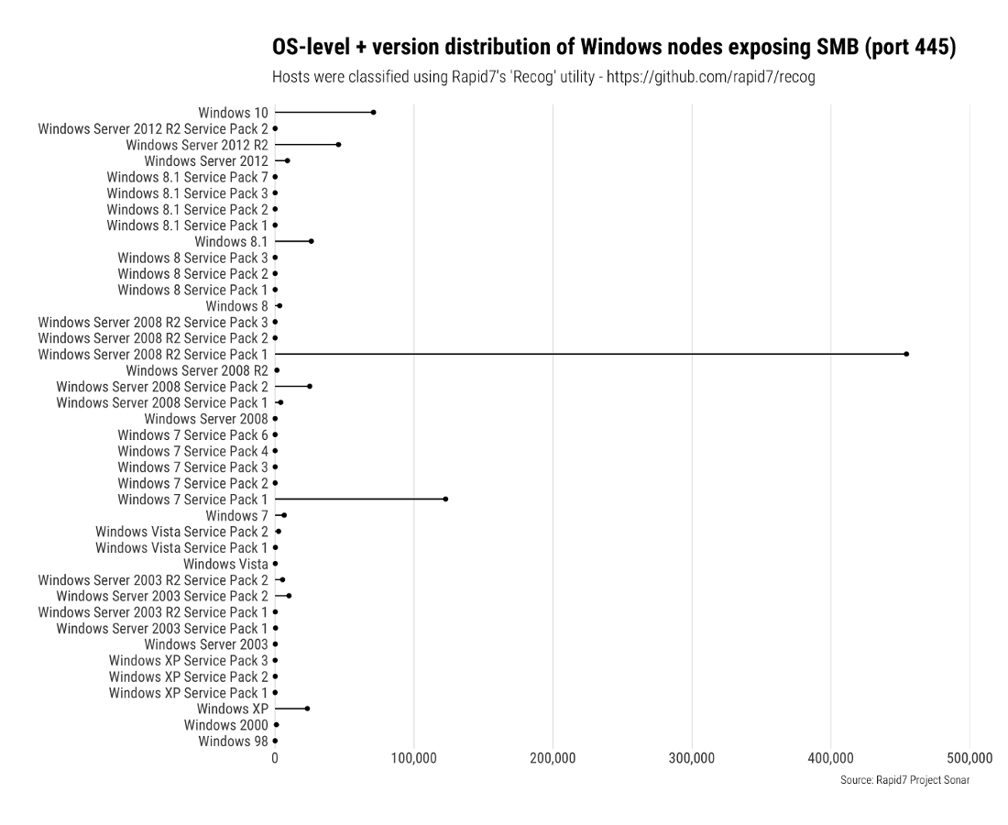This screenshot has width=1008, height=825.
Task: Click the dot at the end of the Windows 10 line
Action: point(373,113)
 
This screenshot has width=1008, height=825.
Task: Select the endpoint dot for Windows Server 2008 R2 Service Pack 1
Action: point(906,354)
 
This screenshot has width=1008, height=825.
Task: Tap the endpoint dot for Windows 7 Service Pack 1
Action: point(445,500)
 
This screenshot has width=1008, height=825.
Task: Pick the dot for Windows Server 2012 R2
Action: point(338,145)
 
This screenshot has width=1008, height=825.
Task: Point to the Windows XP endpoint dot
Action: point(307,709)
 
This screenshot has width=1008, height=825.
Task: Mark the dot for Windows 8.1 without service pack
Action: point(312,241)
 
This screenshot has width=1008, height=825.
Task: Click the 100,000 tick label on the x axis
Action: point(414,758)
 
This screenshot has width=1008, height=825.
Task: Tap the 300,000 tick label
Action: point(692,758)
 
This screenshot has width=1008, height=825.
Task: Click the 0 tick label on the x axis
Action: point(275,758)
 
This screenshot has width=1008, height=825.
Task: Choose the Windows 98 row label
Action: point(233,741)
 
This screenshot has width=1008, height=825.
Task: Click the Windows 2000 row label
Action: point(225,725)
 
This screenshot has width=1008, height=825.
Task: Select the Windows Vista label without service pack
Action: point(225,564)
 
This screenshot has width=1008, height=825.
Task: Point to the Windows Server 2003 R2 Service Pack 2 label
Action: point(153,580)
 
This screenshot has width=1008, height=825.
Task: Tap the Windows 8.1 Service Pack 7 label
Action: point(187,177)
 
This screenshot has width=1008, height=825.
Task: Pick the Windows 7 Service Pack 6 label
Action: point(192,434)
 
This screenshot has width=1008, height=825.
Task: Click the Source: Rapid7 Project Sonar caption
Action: point(904,780)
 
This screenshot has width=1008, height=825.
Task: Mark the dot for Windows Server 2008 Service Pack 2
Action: point(310,387)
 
